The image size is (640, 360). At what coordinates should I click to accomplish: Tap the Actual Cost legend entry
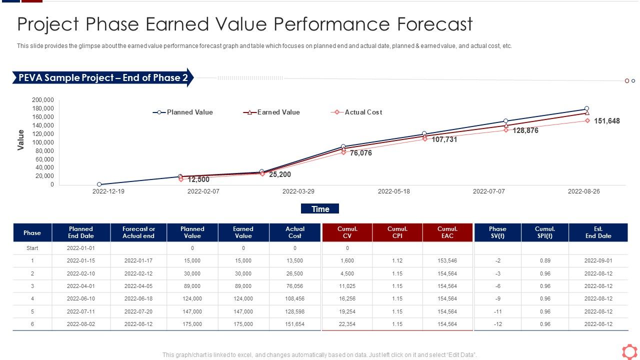pos(356,112)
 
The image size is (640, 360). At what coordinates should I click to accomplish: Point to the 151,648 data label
pos(606,121)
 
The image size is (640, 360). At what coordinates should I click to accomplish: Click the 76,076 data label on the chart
pos(360,153)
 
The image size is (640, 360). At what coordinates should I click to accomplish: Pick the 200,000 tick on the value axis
pos(43,100)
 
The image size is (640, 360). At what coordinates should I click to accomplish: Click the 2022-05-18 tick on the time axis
pos(393,191)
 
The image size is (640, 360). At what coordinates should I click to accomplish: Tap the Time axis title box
pos(320,209)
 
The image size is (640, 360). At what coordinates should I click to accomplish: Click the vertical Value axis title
pos(21,139)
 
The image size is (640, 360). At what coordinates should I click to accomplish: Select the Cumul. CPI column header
pos(397,232)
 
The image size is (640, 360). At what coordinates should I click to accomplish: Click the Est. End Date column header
pos(598,232)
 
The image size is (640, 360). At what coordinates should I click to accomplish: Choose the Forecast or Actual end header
pos(138,232)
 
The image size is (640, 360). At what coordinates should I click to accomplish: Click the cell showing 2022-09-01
pos(598,260)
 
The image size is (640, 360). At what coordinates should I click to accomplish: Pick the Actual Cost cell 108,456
pos(295,298)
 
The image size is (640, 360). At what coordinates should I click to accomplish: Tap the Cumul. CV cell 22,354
pos(347,324)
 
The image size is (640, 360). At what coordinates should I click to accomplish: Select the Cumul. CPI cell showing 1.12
pos(397,260)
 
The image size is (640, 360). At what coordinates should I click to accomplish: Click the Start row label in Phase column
pos(32,248)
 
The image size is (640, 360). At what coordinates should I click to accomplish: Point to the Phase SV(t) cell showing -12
pos(497,324)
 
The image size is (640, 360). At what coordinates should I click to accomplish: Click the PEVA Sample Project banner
pos(103,78)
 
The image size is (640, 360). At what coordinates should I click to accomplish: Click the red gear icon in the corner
pos(629,351)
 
